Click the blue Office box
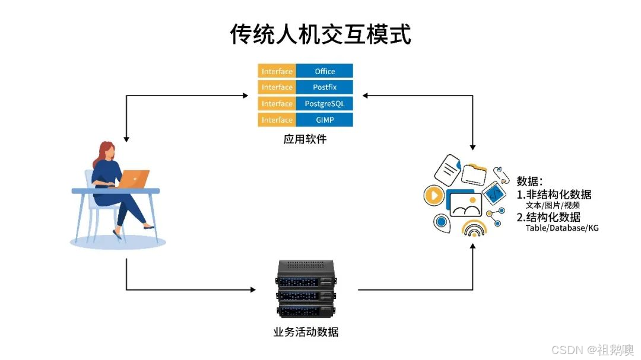tap(325, 71)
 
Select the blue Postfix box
tap(325, 87)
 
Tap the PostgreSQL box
tap(325, 104)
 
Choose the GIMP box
tap(325, 120)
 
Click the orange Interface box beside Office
tap(277, 71)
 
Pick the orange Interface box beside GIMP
tap(277, 120)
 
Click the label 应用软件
tap(305, 141)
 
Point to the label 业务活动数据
tap(306, 332)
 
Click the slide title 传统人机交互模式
tap(320, 34)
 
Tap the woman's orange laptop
tap(135, 178)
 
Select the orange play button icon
tap(434, 195)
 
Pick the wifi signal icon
tap(474, 230)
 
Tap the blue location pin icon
tap(441, 222)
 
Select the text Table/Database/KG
tap(561, 228)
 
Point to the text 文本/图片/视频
tap(552, 205)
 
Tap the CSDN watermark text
tap(591, 349)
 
